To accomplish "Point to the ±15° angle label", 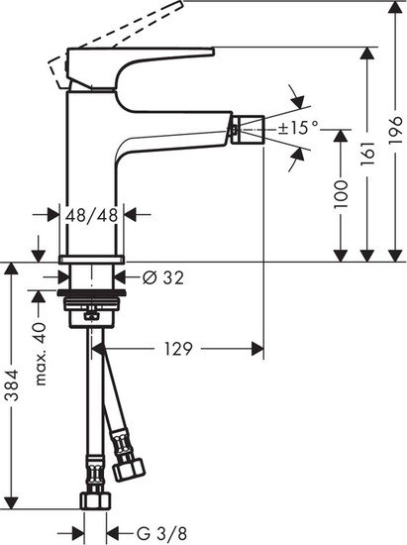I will click(x=298, y=127).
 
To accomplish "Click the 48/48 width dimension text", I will click(x=92, y=213).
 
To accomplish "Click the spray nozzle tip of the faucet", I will click(x=251, y=126).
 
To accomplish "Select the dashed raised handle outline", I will click(x=99, y=34).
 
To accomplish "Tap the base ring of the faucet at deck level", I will click(x=92, y=262).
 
